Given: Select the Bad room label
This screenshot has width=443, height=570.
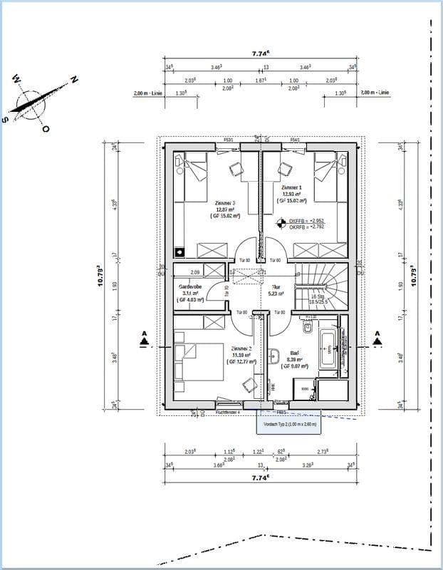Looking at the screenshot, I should click(x=293, y=352).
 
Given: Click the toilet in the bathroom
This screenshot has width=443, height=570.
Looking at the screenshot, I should click(x=307, y=327).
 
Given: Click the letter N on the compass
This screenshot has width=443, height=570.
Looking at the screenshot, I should click(x=73, y=79).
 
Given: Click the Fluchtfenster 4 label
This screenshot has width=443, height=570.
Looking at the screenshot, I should click(x=228, y=412).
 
